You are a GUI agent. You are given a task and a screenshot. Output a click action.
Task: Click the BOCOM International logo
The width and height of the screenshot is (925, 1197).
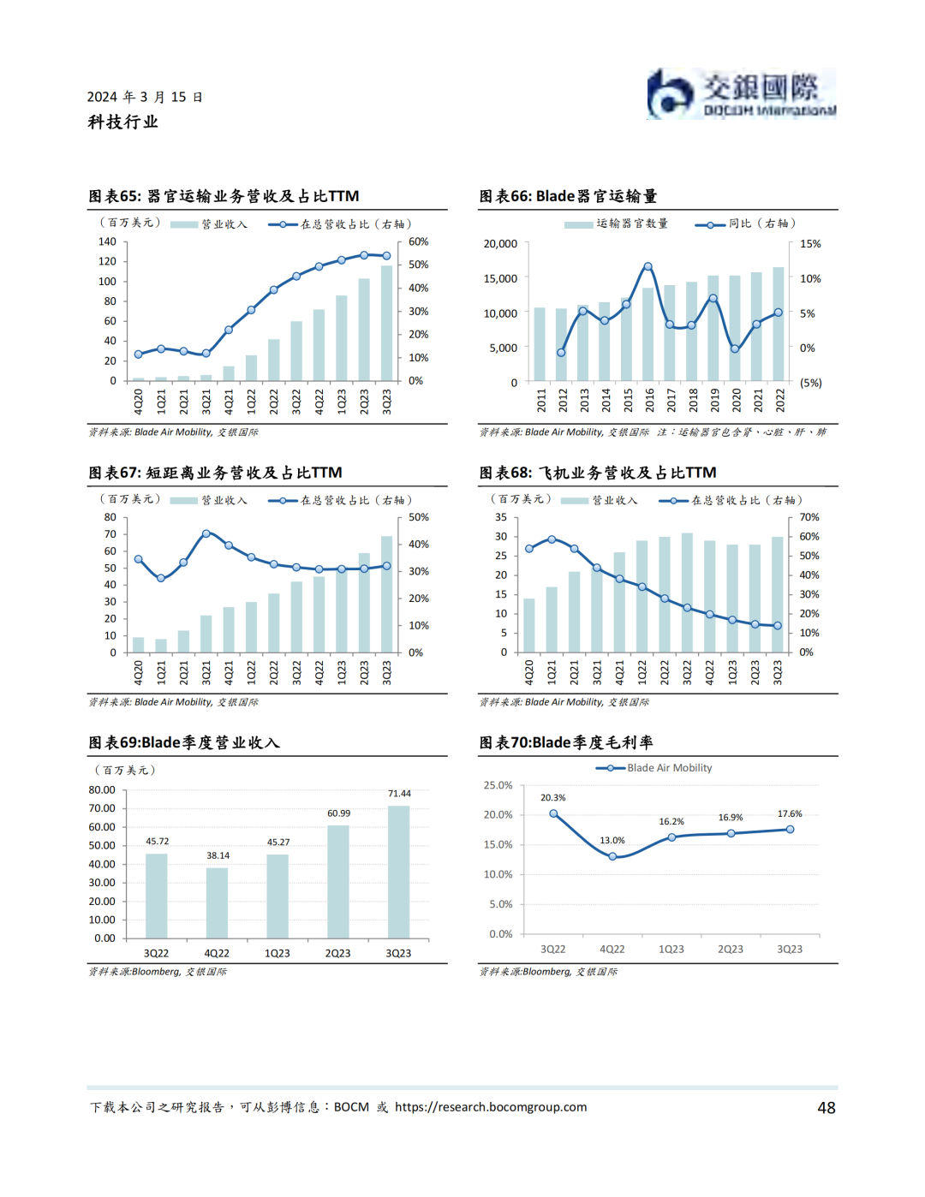pyautogui.click(x=741, y=94)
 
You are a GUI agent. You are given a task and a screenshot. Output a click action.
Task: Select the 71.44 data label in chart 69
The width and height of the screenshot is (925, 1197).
pyautogui.click(x=399, y=794)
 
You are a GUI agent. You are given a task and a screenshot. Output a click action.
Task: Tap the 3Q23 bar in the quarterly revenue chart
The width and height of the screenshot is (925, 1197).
pyautogui.click(x=398, y=872)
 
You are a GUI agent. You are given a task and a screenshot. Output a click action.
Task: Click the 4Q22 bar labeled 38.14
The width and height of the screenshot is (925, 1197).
pyautogui.click(x=218, y=902)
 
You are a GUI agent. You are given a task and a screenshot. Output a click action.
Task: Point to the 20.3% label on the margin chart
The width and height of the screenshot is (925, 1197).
pyautogui.click(x=552, y=798)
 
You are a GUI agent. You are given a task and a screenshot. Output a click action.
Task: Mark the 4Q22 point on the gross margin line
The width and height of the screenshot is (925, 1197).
pyautogui.click(x=612, y=856)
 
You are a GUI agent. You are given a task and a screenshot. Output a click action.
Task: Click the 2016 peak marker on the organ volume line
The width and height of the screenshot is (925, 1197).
pyautogui.click(x=647, y=267)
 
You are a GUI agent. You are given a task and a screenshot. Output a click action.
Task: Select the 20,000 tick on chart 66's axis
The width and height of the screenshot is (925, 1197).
pyautogui.click(x=500, y=244)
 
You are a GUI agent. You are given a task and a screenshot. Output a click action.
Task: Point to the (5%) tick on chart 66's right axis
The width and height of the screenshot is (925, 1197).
pyautogui.click(x=810, y=383)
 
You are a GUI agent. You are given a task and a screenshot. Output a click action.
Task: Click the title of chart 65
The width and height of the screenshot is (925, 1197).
pyautogui.click(x=224, y=196)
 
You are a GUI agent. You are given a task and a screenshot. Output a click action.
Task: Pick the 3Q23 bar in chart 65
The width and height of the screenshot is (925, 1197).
pyautogui.click(x=386, y=323)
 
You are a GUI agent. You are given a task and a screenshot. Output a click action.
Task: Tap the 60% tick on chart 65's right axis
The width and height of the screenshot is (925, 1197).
pyautogui.click(x=418, y=242)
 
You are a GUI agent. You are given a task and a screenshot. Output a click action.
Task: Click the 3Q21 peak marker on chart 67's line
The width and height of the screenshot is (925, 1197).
pyautogui.click(x=206, y=533)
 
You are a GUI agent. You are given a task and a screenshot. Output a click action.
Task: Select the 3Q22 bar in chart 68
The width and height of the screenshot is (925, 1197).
pyautogui.click(x=687, y=592)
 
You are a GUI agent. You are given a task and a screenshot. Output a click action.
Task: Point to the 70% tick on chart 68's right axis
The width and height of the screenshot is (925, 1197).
pyautogui.click(x=809, y=517)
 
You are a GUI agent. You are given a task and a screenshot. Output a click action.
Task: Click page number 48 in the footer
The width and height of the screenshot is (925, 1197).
pyautogui.click(x=826, y=1108)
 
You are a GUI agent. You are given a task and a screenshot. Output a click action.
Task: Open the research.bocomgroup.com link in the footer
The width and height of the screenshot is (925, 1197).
pyautogui.click(x=491, y=1107)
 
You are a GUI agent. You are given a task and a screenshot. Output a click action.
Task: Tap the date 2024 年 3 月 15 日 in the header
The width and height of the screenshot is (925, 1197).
pyautogui.click(x=145, y=97)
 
